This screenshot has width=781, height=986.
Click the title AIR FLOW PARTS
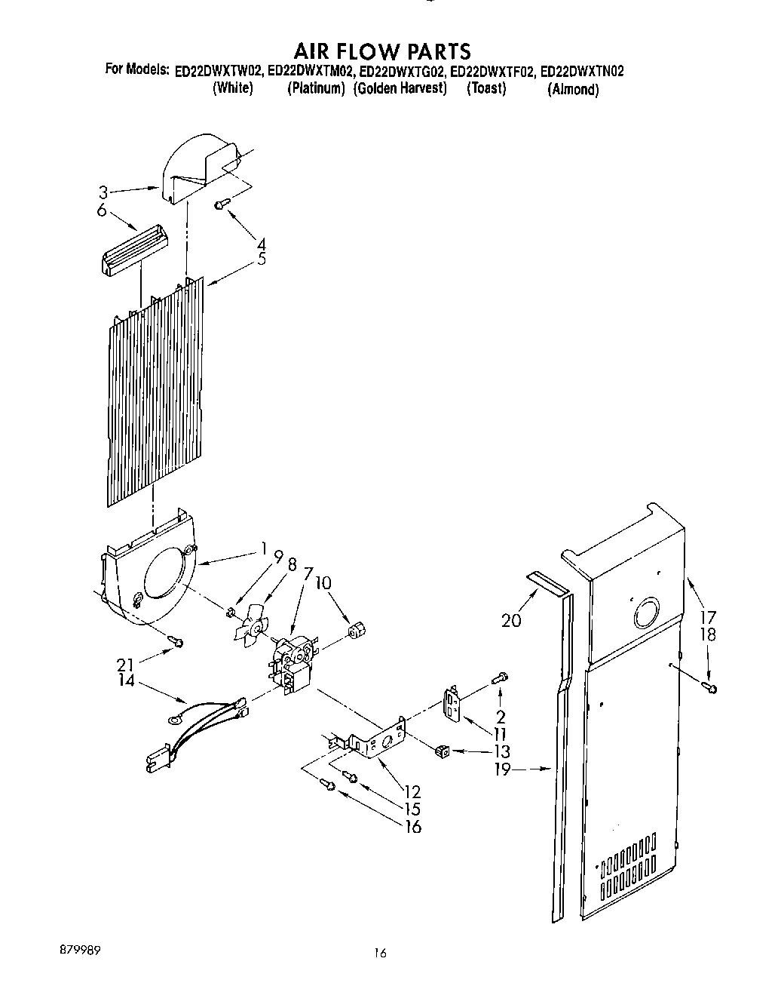(381, 51)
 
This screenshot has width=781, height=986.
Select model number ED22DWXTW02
(218, 72)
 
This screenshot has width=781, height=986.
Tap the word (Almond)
(573, 90)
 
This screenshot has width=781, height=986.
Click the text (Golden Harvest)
(400, 88)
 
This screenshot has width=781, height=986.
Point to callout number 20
(511, 620)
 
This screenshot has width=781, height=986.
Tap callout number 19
(502, 769)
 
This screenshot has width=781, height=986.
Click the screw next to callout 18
(709, 687)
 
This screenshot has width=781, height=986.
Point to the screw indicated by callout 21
(176, 641)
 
